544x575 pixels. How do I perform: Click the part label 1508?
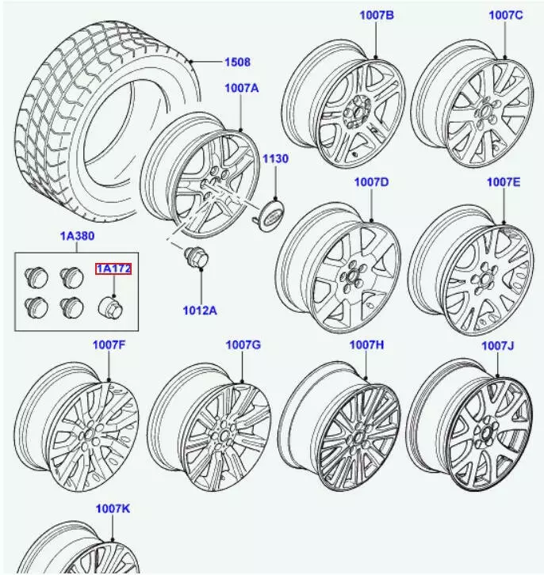(236, 63)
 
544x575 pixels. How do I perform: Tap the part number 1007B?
(376, 15)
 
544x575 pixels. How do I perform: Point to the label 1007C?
(506, 15)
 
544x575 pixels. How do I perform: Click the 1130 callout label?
(275, 159)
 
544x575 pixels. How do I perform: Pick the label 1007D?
(371, 182)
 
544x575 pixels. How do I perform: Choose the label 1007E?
(503, 182)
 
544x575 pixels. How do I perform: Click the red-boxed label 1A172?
(113, 269)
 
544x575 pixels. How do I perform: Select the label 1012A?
(199, 310)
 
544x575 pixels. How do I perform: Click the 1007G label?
(243, 345)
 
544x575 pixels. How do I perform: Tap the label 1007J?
(498, 346)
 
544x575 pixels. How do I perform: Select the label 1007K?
(113, 508)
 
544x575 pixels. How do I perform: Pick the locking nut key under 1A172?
(109, 307)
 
